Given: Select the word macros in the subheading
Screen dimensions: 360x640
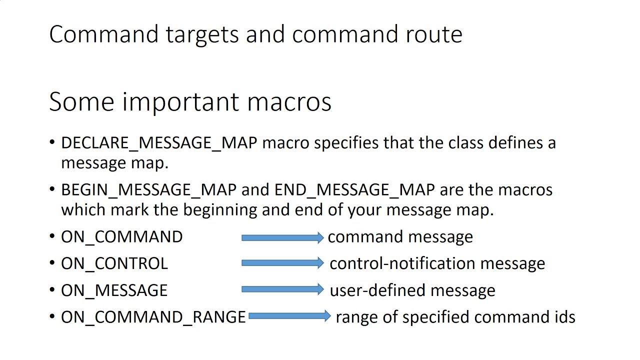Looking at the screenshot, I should [x=289, y=101].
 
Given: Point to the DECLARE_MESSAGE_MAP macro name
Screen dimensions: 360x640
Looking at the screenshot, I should [x=159, y=143].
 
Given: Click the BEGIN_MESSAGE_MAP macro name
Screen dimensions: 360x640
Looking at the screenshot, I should [x=148, y=190].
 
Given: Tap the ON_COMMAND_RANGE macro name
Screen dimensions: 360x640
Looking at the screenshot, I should [x=153, y=317].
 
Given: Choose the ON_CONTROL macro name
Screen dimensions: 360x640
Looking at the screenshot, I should [x=114, y=263].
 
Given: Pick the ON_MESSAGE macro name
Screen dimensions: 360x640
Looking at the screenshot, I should [x=114, y=290].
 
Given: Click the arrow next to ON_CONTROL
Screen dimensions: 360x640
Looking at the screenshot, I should [x=282, y=263].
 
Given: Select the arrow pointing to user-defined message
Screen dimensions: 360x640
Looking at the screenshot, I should [x=282, y=289].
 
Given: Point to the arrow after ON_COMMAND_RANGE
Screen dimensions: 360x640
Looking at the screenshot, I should [x=289, y=316].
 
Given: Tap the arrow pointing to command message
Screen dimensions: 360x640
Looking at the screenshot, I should [x=282, y=238].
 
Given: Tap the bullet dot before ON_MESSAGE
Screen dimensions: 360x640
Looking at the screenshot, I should [x=52, y=290].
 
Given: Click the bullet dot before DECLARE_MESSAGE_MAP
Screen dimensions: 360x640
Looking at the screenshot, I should [x=52, y=143].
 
